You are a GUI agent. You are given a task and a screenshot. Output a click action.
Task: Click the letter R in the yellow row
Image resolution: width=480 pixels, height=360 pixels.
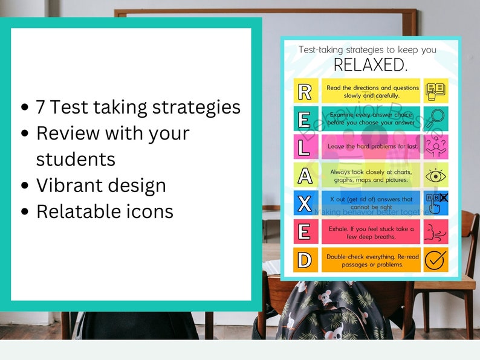click(305, 91)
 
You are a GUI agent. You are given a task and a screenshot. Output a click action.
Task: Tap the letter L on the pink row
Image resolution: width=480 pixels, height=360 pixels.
click(305, 147)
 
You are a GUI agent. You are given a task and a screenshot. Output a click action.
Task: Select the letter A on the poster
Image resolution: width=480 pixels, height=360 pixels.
click(305, 175)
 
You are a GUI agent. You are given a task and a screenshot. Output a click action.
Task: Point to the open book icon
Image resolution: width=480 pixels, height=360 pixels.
click(435, 91)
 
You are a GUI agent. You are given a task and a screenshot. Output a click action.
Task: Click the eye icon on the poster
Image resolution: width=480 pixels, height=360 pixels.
click(435, 175)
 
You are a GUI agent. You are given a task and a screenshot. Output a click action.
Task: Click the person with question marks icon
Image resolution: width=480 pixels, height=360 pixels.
click(435, 147)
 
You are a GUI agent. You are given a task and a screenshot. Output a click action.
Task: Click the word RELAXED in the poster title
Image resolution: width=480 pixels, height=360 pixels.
click(371, 65)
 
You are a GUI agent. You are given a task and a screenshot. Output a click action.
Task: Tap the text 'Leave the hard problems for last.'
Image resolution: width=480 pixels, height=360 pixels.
click(371, 147)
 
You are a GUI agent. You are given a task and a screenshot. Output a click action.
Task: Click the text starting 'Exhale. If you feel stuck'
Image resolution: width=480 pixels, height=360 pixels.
click(371, 228)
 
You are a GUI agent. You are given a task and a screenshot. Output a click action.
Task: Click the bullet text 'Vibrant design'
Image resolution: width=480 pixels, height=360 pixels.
click(101, 185)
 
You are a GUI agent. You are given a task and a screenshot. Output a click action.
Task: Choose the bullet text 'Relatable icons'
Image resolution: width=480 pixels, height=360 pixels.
click(105, 211)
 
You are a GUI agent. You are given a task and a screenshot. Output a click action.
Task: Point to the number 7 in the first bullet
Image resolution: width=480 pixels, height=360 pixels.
click(41, 108)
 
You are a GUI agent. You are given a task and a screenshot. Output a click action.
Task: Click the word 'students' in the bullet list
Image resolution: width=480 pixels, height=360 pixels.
click(76, 159)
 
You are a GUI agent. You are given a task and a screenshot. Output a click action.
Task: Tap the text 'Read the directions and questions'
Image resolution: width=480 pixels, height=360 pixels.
click(371, 88)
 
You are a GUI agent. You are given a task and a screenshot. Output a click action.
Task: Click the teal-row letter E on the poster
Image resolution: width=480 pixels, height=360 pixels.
click(305, 119)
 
